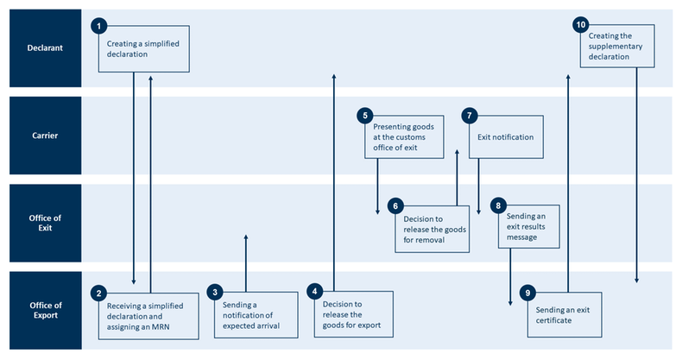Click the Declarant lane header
(41, 48)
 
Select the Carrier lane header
(41, 136)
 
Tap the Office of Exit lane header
(41, 223)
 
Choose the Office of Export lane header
(41, 311)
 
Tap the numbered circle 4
(316, 292)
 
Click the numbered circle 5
(366, 114)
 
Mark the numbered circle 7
(469, 114)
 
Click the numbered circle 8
(498, 205)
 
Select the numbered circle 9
(527, 293)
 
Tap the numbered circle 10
(580, 24)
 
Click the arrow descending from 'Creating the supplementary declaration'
(636, 173)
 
